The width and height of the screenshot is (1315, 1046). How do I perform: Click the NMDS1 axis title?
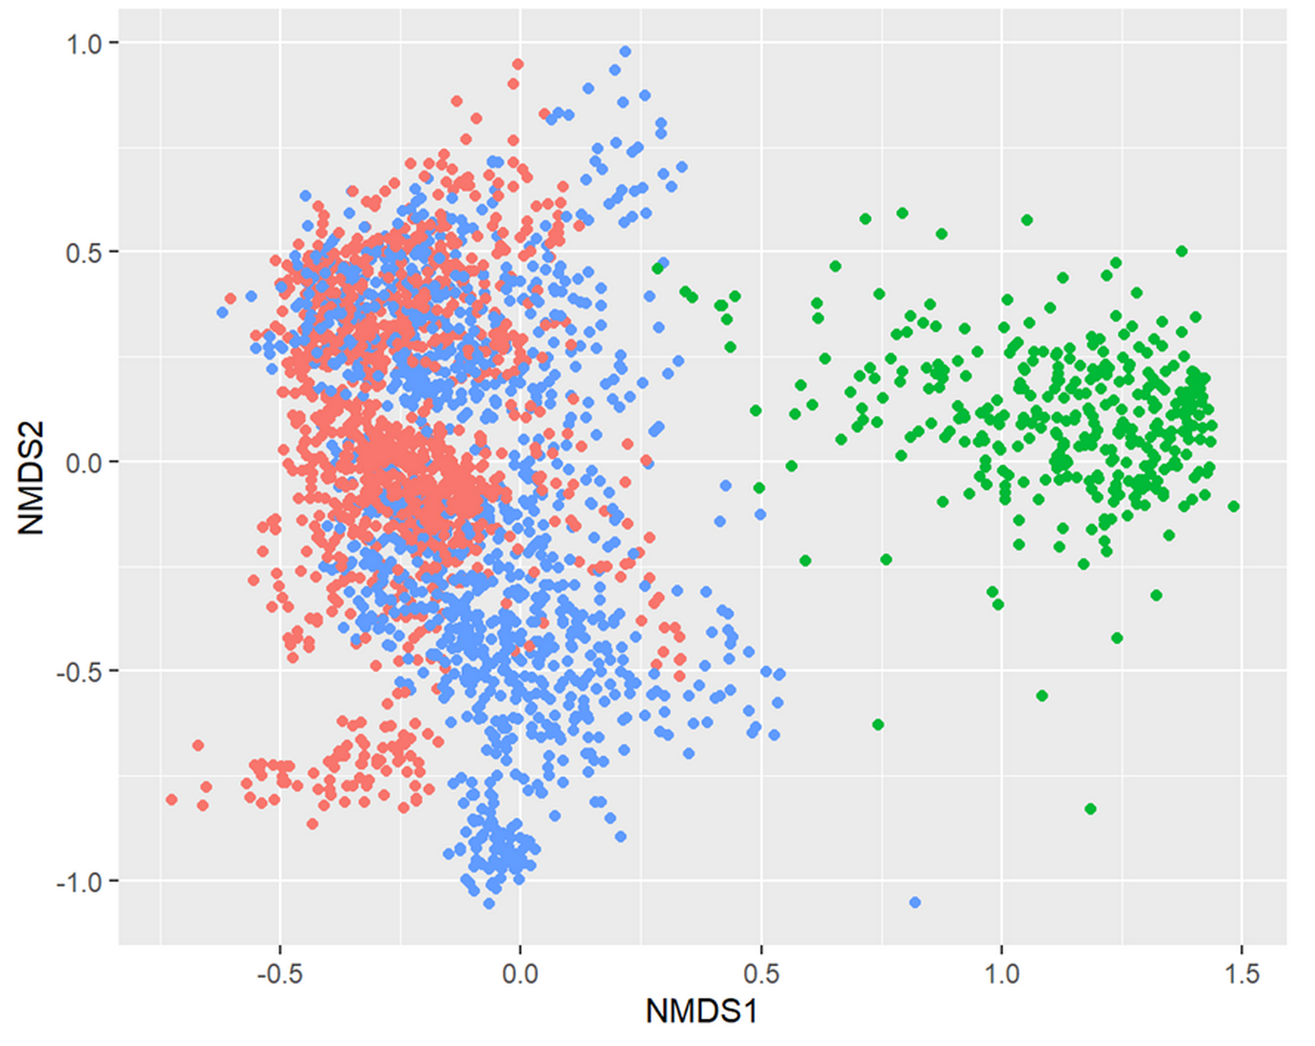click(701, 1011)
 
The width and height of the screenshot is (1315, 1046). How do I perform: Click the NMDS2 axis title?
click(31, 477)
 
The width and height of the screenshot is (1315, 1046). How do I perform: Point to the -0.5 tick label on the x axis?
click(279, 973)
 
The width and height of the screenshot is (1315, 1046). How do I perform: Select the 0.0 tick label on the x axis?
click(521, 973)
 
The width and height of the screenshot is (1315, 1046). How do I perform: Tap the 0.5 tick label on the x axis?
click(761, 973)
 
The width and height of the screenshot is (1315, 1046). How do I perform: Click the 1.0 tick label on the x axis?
click(1001, 973)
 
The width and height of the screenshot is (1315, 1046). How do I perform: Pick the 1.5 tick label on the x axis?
click(1242, 973)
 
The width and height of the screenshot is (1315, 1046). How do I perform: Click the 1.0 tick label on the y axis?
click(84, 45)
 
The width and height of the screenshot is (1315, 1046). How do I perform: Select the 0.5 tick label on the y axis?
click(84, 253)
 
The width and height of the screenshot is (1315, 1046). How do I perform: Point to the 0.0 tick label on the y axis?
click(84, 462)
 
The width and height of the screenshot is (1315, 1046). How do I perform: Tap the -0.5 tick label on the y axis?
click(79, 672)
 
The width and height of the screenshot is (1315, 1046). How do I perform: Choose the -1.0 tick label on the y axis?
click(79, 882)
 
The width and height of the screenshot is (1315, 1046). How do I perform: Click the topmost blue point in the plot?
click(625, 51)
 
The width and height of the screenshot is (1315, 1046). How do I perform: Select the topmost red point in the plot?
click(518, 64)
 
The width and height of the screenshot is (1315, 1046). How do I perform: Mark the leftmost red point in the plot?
click(172, 799)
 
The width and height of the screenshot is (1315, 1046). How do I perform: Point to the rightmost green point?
click(1233, 506)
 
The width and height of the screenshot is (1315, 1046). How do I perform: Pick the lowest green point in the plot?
click(1090, 809)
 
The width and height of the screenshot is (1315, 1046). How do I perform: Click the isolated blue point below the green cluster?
click(915, 902)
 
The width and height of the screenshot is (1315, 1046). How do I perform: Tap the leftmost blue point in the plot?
click(223, 312)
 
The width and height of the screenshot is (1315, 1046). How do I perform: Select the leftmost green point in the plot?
click(657, 269)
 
